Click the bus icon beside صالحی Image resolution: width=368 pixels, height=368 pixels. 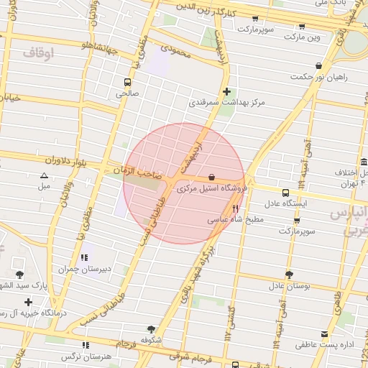(x=127, y=82)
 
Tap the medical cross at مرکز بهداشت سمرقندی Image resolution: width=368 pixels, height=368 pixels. (x=227, y=91)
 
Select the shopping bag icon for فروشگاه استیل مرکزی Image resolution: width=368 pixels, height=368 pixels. (x=211, y=177)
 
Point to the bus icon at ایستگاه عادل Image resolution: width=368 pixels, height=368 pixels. (x=286, y=193)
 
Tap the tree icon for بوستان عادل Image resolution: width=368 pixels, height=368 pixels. (x=289, y=275)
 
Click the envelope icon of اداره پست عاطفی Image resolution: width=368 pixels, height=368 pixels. (x=325, y=334)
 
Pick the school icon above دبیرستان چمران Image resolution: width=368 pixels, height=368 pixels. (x=85, y=257)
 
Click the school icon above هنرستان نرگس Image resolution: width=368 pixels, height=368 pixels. (x=85, y=344)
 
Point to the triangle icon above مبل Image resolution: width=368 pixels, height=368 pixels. (x=45, y=175)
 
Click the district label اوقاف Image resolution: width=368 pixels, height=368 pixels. (x=38, y=52)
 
